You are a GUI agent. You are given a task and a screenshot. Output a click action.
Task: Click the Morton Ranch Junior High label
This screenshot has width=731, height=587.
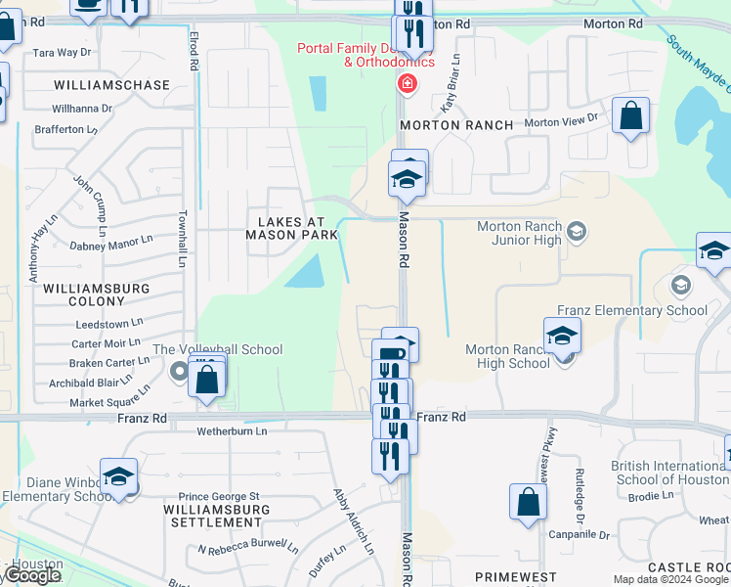pos(519,233)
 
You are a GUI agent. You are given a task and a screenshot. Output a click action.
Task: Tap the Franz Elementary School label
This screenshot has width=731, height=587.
pos(631,311)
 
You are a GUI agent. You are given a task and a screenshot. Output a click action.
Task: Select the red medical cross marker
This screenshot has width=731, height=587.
pos(405,84)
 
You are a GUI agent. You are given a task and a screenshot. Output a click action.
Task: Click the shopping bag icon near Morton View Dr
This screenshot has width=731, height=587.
pos(631,117)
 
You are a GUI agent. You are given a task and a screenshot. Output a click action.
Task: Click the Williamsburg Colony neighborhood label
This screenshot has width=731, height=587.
pos(97,295)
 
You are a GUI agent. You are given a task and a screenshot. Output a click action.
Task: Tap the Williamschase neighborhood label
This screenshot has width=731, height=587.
pos(111,86)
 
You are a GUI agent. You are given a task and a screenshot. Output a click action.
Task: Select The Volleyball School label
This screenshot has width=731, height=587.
pos(218,350)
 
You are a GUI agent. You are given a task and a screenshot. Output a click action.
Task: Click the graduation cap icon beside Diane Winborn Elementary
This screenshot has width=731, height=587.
pos(118,478)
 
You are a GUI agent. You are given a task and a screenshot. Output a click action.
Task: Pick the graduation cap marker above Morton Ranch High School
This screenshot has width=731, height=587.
pos(563,336)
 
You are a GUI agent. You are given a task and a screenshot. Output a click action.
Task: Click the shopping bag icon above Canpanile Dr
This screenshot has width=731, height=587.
pos(528,503)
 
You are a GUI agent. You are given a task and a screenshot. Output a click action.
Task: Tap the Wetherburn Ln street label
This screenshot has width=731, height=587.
pos(232,430)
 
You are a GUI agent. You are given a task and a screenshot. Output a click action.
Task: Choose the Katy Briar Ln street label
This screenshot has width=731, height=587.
pos(451,94)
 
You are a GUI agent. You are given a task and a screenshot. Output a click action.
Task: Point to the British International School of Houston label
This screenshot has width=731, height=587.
pos(668,473)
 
